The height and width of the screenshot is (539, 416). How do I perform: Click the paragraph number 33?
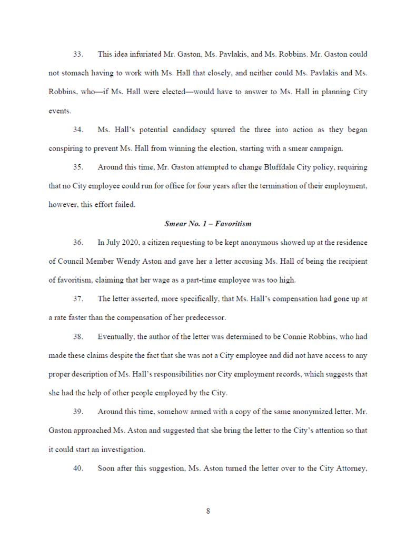pyautogui.click(x=78, y=54)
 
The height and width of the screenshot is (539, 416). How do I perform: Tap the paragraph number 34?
pyautogui.click(x=78, y=129)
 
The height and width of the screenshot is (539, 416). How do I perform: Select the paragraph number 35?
pyautogui.click(x=78, y=167)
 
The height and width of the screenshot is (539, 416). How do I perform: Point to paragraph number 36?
pyautogui.click(x=78, y=243)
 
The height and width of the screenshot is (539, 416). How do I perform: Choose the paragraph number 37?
pyautogui.click(x=78, y=299)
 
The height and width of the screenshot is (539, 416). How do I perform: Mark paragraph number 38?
pyautogui.click(x=78, y=336)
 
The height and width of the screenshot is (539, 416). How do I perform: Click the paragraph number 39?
pyautogui.click(x=78, y=412)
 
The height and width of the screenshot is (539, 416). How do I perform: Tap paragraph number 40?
pyautogui.click(x=78, y=468)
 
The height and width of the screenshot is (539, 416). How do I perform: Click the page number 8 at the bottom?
pyautogui.click(x=208, y=511)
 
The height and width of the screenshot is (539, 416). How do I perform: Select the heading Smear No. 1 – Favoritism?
pyautogui.click(x=208, y=224)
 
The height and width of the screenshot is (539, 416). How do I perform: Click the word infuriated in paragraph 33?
pyautogui.click(x=143, y=54)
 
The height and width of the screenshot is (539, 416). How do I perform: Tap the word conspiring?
pyautogui.click(x=67, y=148)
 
